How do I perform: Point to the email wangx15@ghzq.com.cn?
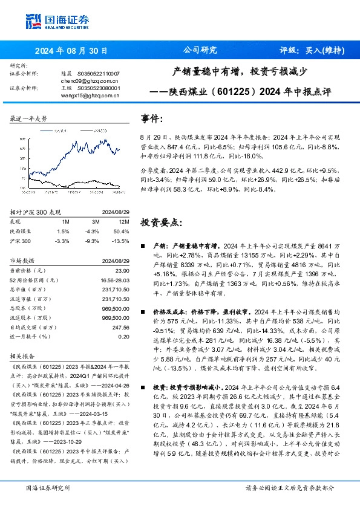82,95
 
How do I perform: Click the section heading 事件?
152,118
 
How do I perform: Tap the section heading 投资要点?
161,222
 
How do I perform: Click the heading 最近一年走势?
28,119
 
